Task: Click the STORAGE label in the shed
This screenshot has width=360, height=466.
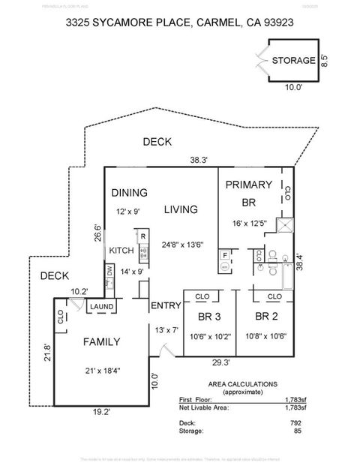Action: coord(293,61)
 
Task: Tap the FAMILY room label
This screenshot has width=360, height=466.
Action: coord(100,341)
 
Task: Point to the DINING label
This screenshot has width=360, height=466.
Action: coord(130,193)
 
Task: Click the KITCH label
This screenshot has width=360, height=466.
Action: coord(121,251)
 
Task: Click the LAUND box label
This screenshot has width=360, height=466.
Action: coord(101,307)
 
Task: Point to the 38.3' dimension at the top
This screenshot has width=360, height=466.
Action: coord(199,160)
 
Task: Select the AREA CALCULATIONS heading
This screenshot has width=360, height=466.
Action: coord(235,383)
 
